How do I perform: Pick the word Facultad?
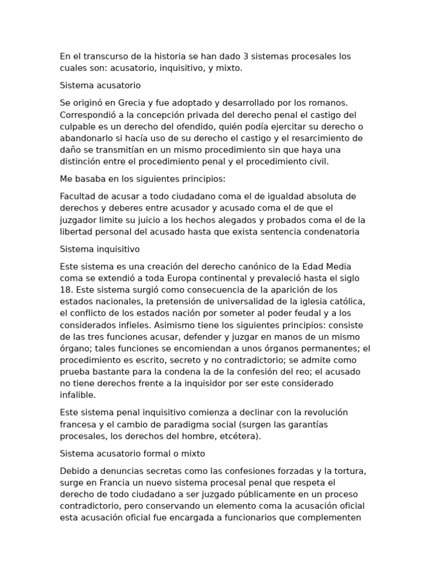tap(78, 197)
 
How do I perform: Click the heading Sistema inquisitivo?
tap(100, 249)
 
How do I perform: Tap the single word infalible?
tap(77, 395)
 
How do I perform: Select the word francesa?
tap(79, 424)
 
